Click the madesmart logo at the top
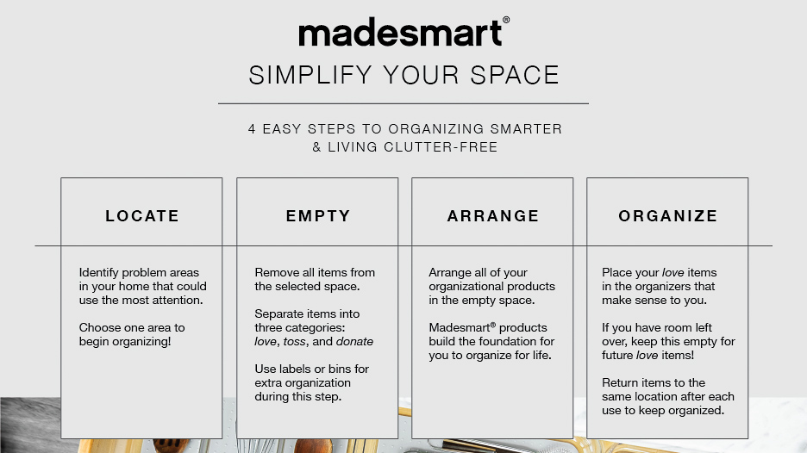click(399, 34)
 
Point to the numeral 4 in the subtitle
click(252, 129)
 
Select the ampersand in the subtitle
click(316, 147)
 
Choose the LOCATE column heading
click(142, 216)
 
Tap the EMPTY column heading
click(318, 216)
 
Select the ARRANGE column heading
click(493, 216)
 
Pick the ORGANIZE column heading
click(668, 216)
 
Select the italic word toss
click(295, 342)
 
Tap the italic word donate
click(354, 342)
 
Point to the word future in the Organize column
click(621, 356)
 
